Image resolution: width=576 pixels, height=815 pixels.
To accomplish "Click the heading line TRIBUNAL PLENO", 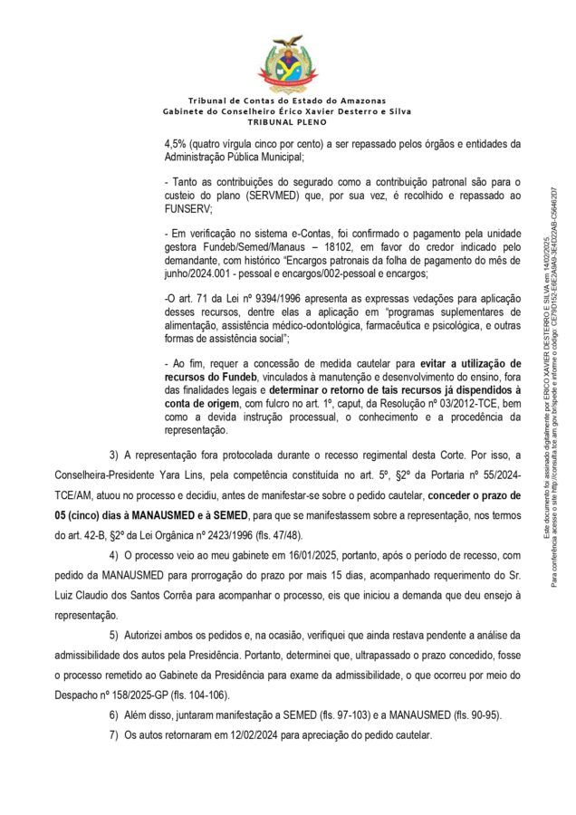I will tap(287, 120).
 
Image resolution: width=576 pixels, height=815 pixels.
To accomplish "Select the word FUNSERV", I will tap(187, 208).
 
